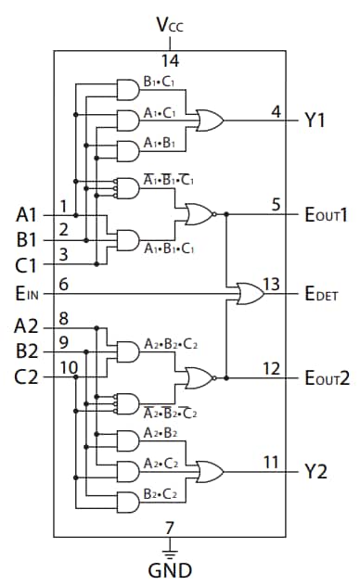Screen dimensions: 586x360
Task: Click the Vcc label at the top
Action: click(169, 23)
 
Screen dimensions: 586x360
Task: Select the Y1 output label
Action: click(315, 121)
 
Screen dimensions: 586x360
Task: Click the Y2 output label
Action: click(315, 472)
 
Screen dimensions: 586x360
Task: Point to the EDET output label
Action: click(321, 295)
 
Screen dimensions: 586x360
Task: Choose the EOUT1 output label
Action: click(325, 214)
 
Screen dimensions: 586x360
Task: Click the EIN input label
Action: click(29, 295)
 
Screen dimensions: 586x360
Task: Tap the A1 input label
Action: click(28, 214)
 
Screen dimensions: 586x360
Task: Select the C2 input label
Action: click(28, 376)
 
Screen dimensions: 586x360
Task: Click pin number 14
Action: click(169, 61)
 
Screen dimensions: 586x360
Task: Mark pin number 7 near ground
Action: click(169, 529)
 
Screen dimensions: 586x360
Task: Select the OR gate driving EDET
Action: click(249, 295)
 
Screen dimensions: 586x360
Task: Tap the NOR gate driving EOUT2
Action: click(200, 377)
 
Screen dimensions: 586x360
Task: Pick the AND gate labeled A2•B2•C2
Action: click(126, 350)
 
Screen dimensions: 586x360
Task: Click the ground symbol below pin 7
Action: click(169, 550)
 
